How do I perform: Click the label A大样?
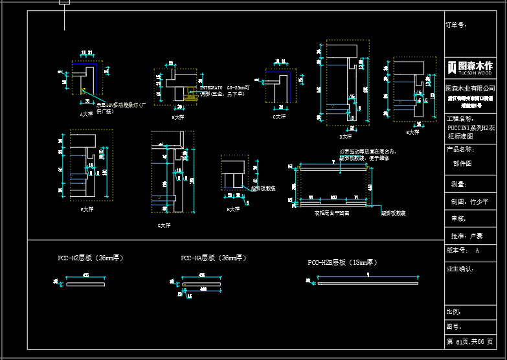point(86,114)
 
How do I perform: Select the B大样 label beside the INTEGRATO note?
point(177,117)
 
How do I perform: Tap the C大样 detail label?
point(279,117)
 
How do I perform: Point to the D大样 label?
point(346,137)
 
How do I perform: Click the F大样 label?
point(87,209)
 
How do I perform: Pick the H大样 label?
point(233,209)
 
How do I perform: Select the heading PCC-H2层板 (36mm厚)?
point(91,258)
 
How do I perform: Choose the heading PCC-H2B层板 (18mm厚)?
point(343,262)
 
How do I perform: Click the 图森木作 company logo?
point(470,66)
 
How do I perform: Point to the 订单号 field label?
point(456,25)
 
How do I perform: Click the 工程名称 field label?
point(460,119)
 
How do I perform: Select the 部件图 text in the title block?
point(462,164)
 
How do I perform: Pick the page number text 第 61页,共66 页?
point(469,341)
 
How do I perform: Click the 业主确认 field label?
point(460,267)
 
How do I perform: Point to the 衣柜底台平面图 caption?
point(332,212)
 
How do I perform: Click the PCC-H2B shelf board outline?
point(367,283)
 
